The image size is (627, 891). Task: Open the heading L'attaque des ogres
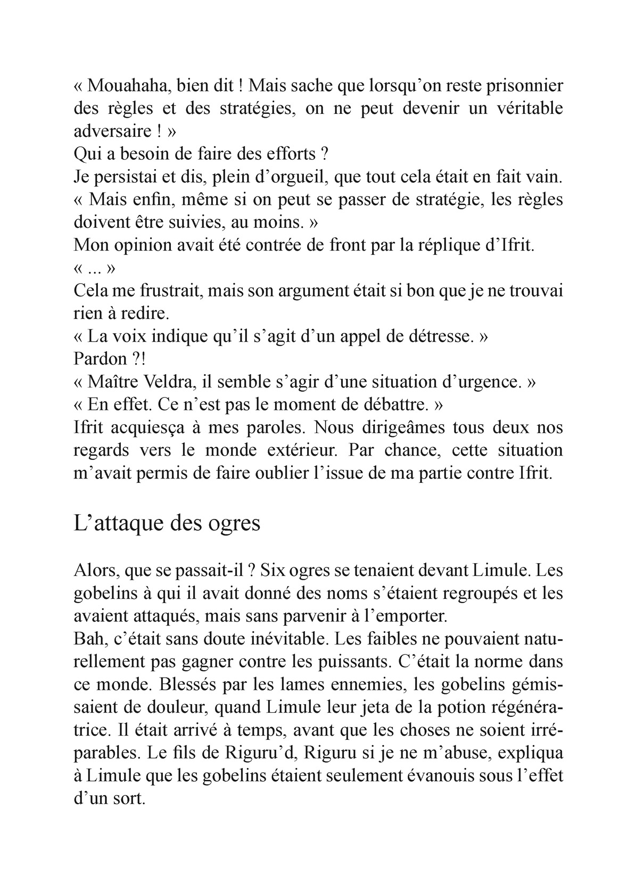(167, 523)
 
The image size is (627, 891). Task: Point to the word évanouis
(441, 776)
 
